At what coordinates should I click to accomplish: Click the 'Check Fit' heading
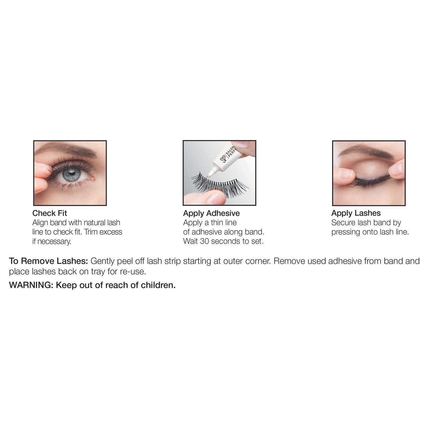point(49,213)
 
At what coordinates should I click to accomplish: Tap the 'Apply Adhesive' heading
point(211,213)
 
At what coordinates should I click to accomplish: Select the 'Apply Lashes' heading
point(356,213)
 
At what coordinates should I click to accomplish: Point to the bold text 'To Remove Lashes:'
point(48,261)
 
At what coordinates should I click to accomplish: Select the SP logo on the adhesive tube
point(223,159)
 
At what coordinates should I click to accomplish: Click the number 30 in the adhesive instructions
point(204,241)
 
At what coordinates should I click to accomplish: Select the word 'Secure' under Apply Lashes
point(343,223)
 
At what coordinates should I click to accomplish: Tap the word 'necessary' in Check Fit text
point(54,242)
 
